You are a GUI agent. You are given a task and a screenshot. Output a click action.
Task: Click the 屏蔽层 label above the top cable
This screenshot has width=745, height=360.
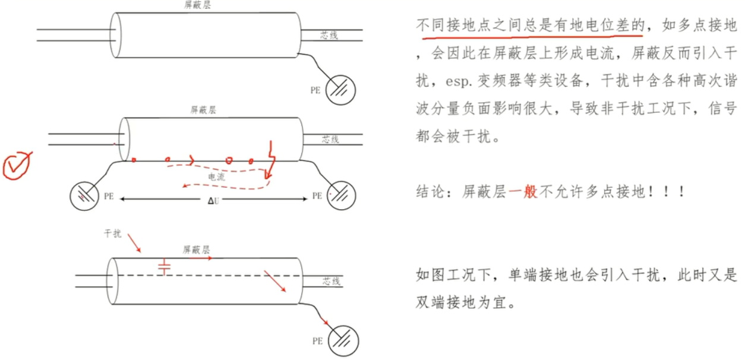pos(197,5)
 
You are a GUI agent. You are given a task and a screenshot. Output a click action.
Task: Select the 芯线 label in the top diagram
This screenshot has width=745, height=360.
pos(329,36)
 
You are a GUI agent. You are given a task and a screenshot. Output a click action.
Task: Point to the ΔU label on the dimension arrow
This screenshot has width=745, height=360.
pos(214,201)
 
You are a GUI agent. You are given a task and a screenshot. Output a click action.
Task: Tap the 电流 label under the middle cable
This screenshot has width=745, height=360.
pos(216,176)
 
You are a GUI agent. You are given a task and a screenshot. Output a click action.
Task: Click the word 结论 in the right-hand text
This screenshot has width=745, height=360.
pos(429,192)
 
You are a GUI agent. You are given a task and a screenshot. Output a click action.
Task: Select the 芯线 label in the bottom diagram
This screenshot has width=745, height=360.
pos(331,281)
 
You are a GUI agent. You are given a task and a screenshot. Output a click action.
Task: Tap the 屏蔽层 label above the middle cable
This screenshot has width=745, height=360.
pos(203,110)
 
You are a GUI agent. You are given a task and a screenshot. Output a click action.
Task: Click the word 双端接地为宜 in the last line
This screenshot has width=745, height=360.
pos(459,302)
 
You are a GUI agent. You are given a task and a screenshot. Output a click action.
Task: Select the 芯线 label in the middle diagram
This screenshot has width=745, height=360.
pos(330,139)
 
